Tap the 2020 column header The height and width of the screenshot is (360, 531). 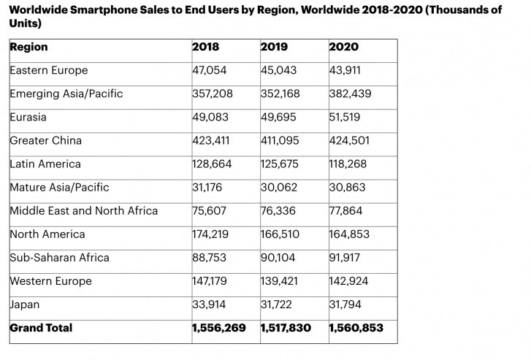343,47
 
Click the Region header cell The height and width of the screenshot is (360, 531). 28,47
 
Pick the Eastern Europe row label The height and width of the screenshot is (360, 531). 48,71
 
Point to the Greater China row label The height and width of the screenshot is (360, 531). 45,140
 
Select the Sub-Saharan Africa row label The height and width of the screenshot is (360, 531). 59,258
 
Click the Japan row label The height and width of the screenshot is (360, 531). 25,305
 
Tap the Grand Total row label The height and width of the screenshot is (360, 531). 41,328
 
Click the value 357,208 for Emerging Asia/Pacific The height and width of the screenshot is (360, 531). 212,94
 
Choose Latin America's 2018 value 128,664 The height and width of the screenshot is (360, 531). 212,164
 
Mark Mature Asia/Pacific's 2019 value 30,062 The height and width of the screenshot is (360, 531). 278,188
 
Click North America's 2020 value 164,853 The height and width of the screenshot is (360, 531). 350,234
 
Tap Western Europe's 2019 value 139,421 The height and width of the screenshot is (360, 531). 279,281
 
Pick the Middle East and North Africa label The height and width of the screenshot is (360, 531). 83,211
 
